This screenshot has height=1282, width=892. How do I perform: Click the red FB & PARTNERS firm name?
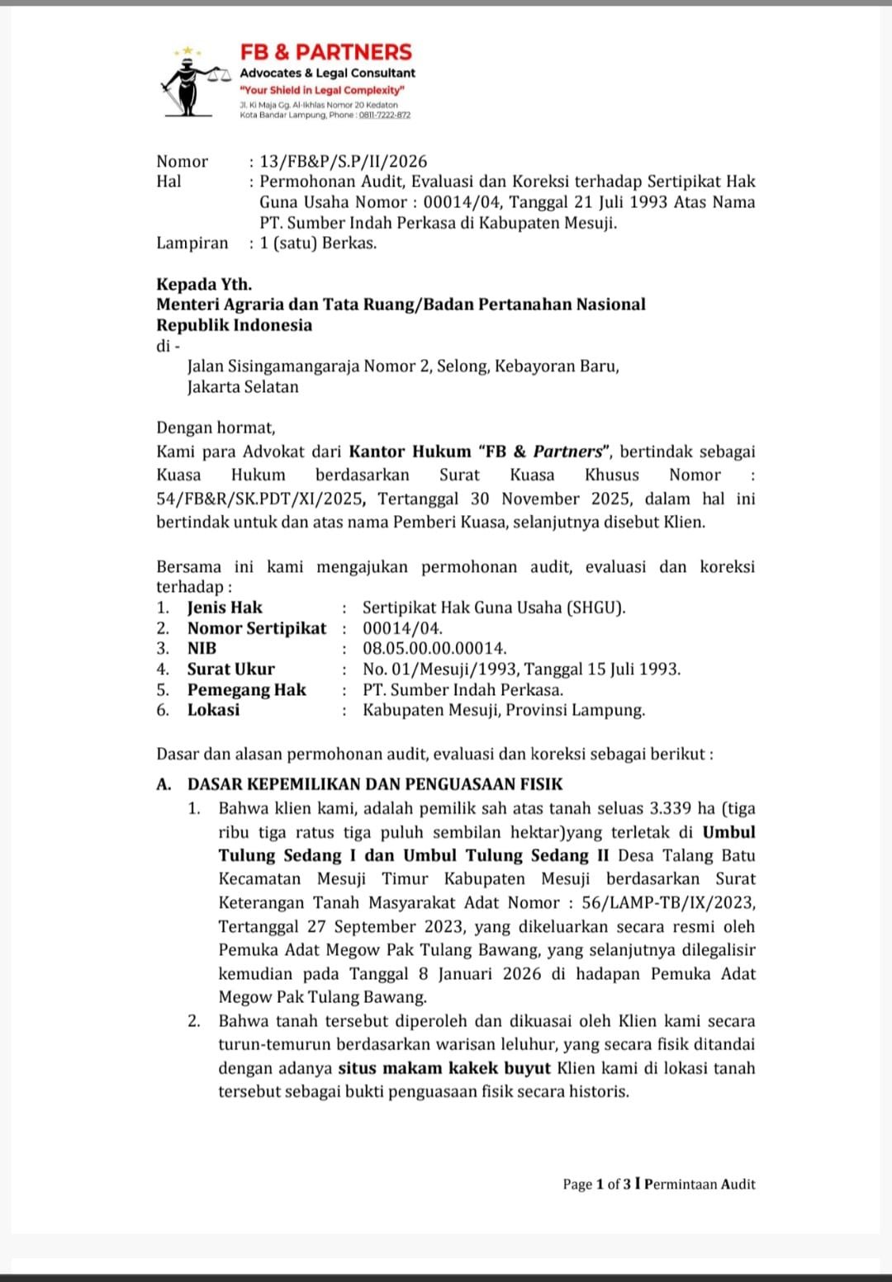[x=325, y=52]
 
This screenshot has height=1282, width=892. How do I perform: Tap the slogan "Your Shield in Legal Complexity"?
[x=322, y=90]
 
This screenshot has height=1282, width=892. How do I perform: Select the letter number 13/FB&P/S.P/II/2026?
[x=343, y=162]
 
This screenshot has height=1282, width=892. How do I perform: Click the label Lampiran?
[x=192, y=243]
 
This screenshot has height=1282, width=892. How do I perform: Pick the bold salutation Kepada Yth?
[x=204, y=284]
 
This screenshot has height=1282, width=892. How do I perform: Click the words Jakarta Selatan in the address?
[x=243, y=386]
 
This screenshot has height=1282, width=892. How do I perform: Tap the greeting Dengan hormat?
[x=216, y=428]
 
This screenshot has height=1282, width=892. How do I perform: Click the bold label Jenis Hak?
[x=225, y=608]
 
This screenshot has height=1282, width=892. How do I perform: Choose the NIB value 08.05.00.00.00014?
[x=434, y=648]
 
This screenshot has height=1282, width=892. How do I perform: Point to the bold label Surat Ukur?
[x=230, y=669]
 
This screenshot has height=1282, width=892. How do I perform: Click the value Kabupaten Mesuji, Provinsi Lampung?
[x=504, y=710]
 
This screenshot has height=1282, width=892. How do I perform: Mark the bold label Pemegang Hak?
[x=246, y=689]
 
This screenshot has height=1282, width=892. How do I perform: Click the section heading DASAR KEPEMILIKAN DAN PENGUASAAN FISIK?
[x=374, y=784]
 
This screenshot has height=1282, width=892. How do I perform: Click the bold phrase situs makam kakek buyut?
[x=444, y=1067]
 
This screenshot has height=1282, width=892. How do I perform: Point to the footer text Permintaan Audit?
[x=700, y=1184]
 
